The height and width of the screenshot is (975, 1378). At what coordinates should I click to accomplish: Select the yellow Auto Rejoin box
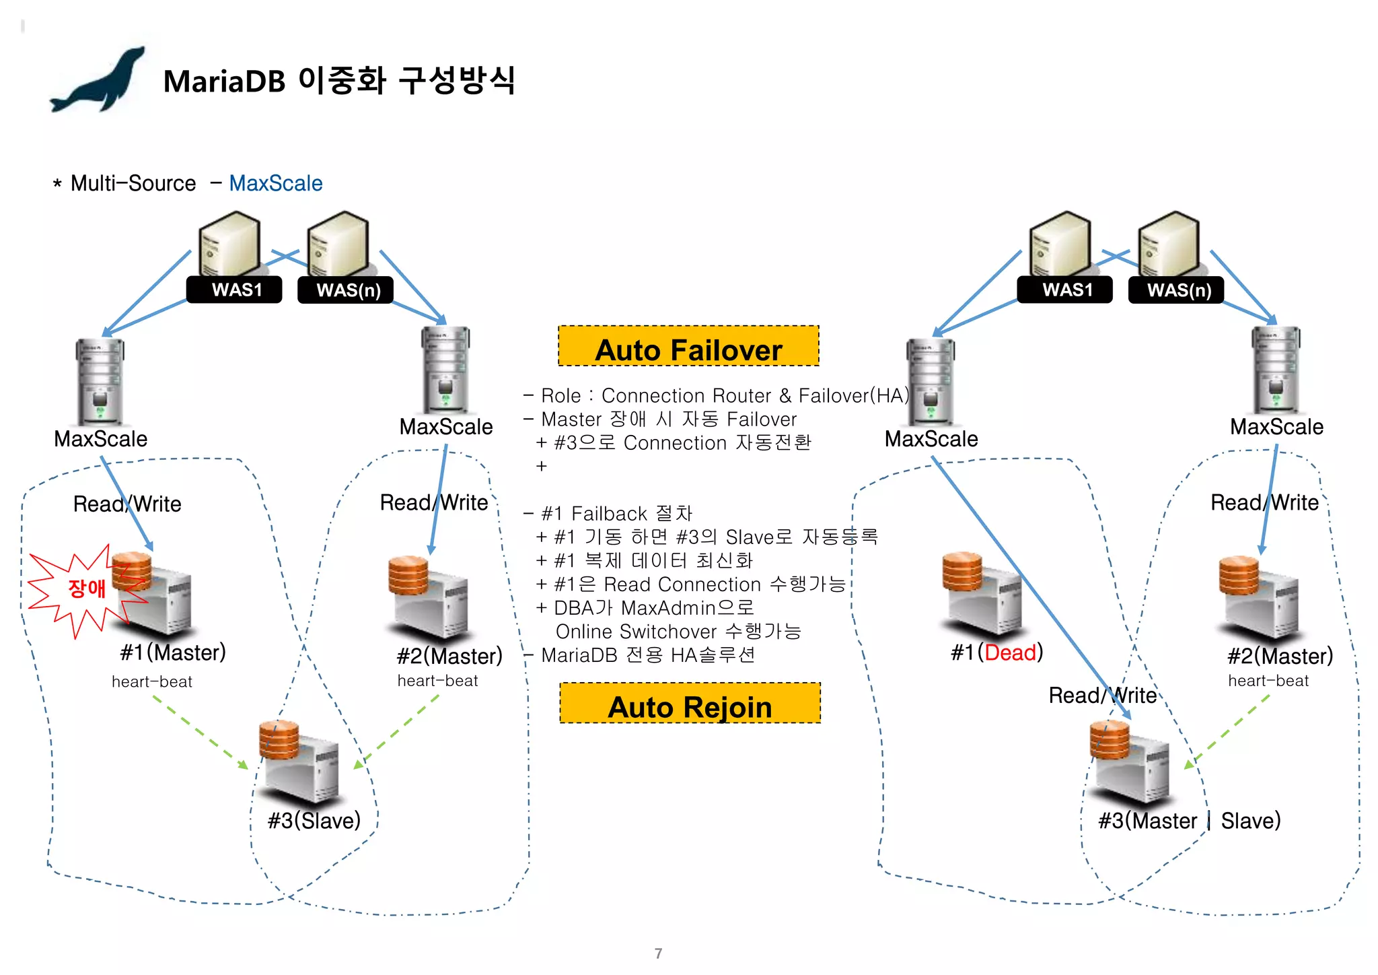pos(690,704)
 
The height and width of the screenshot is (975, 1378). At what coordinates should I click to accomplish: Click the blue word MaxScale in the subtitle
pos(275,183)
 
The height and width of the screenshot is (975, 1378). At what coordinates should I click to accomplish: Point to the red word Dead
pos(1010,652)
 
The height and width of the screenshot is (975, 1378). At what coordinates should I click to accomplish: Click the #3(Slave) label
pos(314,821)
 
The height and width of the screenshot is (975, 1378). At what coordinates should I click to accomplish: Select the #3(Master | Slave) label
pos(1189,821)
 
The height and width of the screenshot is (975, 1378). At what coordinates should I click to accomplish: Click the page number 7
pos(658,953)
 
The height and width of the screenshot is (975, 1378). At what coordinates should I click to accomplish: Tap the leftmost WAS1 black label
pos(235,290)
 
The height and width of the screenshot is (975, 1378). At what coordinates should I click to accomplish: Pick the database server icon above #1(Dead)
pos(982,593)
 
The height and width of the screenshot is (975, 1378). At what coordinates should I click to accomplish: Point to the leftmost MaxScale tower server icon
pos(100,380)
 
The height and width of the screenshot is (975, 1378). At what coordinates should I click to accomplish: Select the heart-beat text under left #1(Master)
pos(152,682)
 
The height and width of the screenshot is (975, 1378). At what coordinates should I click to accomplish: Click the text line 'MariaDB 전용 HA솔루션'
pos(647,655)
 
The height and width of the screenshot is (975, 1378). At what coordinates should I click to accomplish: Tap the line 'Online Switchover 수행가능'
pos(678,632)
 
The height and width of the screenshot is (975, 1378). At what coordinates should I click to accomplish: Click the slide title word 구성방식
pos(457,81)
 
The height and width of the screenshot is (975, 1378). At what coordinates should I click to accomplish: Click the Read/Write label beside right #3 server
pos(1102,696)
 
